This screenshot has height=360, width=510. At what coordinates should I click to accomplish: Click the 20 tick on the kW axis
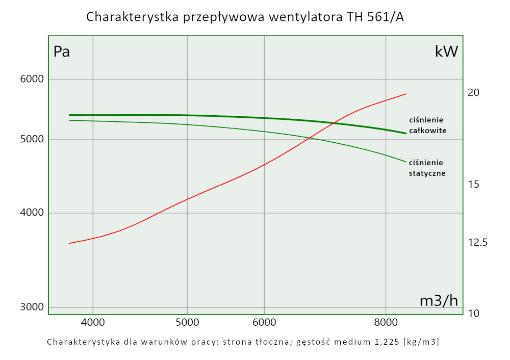(x=474, y=93)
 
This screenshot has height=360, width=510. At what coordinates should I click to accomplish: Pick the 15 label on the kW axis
(x=474, y=184)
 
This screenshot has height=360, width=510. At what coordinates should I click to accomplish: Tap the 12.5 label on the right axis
(x=478, y=242)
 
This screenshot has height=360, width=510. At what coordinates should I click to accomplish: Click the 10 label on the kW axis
(x=474, y=313)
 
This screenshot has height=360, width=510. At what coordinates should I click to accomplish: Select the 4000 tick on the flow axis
(x=93, y=322)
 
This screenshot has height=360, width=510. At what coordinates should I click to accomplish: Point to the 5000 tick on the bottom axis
(x=187, y=322)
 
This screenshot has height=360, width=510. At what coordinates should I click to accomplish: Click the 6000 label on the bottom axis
(x=264, y=322)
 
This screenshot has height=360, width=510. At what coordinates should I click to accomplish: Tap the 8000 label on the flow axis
(x=386, y=322)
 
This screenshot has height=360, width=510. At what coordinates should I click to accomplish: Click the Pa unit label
(x=62, y=52)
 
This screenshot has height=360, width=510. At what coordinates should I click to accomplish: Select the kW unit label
(x=446, y=51)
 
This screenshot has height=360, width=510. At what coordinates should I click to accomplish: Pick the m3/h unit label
(x=439, y=301)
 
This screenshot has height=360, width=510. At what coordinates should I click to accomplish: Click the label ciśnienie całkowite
(x=428, y=125)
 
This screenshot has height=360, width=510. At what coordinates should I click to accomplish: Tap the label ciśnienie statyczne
(x=427, y=168)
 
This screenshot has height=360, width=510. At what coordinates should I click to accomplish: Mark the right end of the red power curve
(x=406, y=94)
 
